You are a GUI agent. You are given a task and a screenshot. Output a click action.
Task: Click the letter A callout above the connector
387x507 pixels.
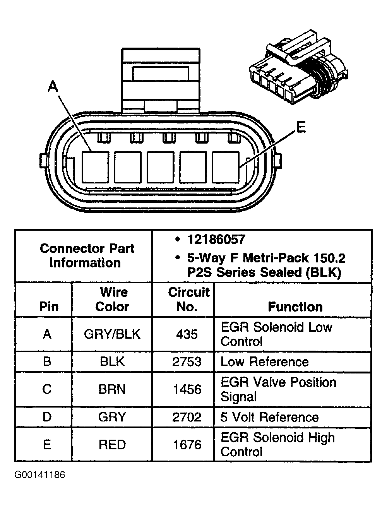(53, 86)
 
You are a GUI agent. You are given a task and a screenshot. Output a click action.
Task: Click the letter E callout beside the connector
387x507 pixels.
(300, 127)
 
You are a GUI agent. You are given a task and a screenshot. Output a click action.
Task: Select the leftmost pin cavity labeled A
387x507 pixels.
(95, 167)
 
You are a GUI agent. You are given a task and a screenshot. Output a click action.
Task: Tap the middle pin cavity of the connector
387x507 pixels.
(160, 167)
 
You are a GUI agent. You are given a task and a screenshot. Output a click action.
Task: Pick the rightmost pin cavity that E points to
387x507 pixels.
(225, 167)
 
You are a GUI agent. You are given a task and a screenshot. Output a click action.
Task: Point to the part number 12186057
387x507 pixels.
(216, 240)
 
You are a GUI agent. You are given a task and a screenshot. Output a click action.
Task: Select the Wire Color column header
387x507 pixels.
(112, 299)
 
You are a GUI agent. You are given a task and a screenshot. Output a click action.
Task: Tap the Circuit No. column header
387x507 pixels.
(188, 299)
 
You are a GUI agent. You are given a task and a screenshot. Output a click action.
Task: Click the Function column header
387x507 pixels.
(295, 307)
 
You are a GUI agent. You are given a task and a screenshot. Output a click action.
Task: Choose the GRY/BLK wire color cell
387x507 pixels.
(112, 334)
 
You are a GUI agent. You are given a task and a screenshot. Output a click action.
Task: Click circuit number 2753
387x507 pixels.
(187, 362)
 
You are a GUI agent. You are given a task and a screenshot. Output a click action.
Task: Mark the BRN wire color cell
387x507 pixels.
(112, 389)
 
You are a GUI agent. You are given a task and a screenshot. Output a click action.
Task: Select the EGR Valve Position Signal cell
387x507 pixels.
(278, 389)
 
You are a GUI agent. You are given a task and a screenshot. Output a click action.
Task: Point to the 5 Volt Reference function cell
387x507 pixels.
(269, 417)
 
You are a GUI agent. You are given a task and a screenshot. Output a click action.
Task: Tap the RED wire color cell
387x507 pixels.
(112, 445)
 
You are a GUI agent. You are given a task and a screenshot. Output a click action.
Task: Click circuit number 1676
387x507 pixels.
(187, 445)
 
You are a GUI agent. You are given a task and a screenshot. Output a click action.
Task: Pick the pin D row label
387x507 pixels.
(47, 417)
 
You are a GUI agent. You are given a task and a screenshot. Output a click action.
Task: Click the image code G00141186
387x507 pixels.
(39, 475)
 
